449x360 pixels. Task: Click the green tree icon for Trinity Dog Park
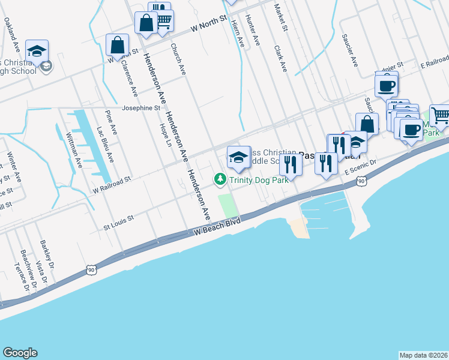pyautogui.click(x=220, y=179)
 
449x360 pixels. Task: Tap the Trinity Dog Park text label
pyautogui.click(x=255, y=179)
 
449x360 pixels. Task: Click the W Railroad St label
pyautogui.click(x=112, y=185)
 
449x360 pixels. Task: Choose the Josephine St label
pyautogui.click(x=141, y=109)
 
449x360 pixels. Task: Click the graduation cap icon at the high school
pyautogui.click(x=37, y=52)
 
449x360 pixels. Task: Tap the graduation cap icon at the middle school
pyautogui.click(x=238, y=157)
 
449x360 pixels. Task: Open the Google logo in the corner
pyautogui.click(x=20, y=353)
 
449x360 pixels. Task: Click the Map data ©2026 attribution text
pyautogui.click(x=423, y=355)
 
